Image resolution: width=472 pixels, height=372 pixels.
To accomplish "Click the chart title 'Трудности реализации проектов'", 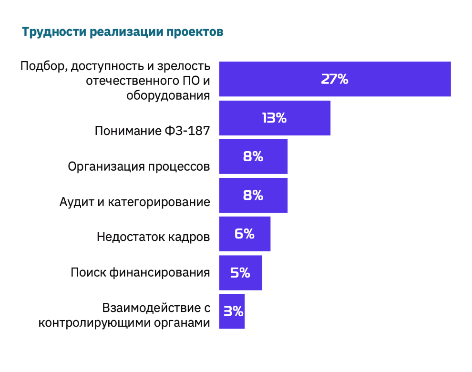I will pos(123,32).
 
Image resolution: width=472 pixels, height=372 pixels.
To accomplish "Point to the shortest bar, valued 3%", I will pos(232,311).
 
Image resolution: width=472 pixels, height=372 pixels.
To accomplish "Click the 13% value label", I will pos(274,118).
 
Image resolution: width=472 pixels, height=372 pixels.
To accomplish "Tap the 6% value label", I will pos(245,234).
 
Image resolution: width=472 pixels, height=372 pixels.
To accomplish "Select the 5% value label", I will pos(240,273).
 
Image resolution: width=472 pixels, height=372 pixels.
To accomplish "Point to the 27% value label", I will pos(334,79).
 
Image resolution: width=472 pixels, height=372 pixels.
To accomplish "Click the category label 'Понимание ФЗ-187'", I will pos(152,131).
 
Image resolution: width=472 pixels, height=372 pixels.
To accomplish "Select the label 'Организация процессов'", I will pos(139,166).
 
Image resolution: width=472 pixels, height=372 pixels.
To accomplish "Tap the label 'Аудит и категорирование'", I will pos(134,202).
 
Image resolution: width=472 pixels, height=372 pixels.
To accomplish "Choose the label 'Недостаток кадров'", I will pos(153,237).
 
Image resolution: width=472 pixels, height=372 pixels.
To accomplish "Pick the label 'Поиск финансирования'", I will pos(140,273).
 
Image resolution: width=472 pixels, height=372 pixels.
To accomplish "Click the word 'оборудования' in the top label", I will pos(168,95).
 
